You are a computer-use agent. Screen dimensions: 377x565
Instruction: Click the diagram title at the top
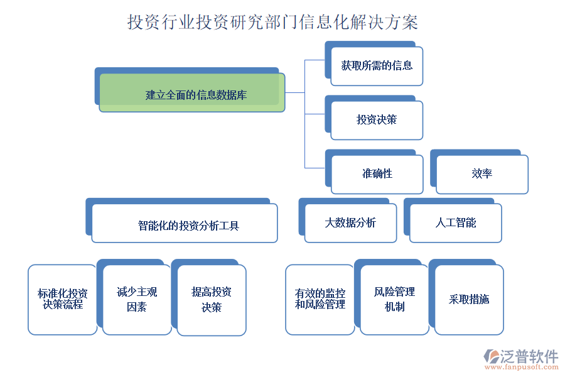click(272, 23)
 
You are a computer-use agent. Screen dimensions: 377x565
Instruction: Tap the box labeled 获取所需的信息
click(377, 66)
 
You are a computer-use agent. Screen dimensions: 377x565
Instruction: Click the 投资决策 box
click(377, 120)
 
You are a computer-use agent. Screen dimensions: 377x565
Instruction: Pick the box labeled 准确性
click(377, 174)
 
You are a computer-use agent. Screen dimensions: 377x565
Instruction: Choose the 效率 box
click(482, 174)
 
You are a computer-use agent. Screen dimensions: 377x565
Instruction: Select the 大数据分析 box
click(350, 223)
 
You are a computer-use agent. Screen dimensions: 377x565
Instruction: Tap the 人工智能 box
click(456, 223)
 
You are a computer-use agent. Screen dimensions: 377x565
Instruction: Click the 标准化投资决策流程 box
click(62, 299)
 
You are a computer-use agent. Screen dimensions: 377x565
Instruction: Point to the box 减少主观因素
click(137, 299)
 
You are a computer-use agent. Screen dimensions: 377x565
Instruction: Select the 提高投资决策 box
click(212, 300)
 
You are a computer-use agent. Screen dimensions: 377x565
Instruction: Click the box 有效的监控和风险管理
click(320, 299)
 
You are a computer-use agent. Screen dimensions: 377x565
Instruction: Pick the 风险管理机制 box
click(394, 299)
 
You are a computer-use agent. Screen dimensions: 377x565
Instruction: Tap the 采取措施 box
click(469, 300)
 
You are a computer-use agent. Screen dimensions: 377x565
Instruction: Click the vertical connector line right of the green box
click(304, 114)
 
